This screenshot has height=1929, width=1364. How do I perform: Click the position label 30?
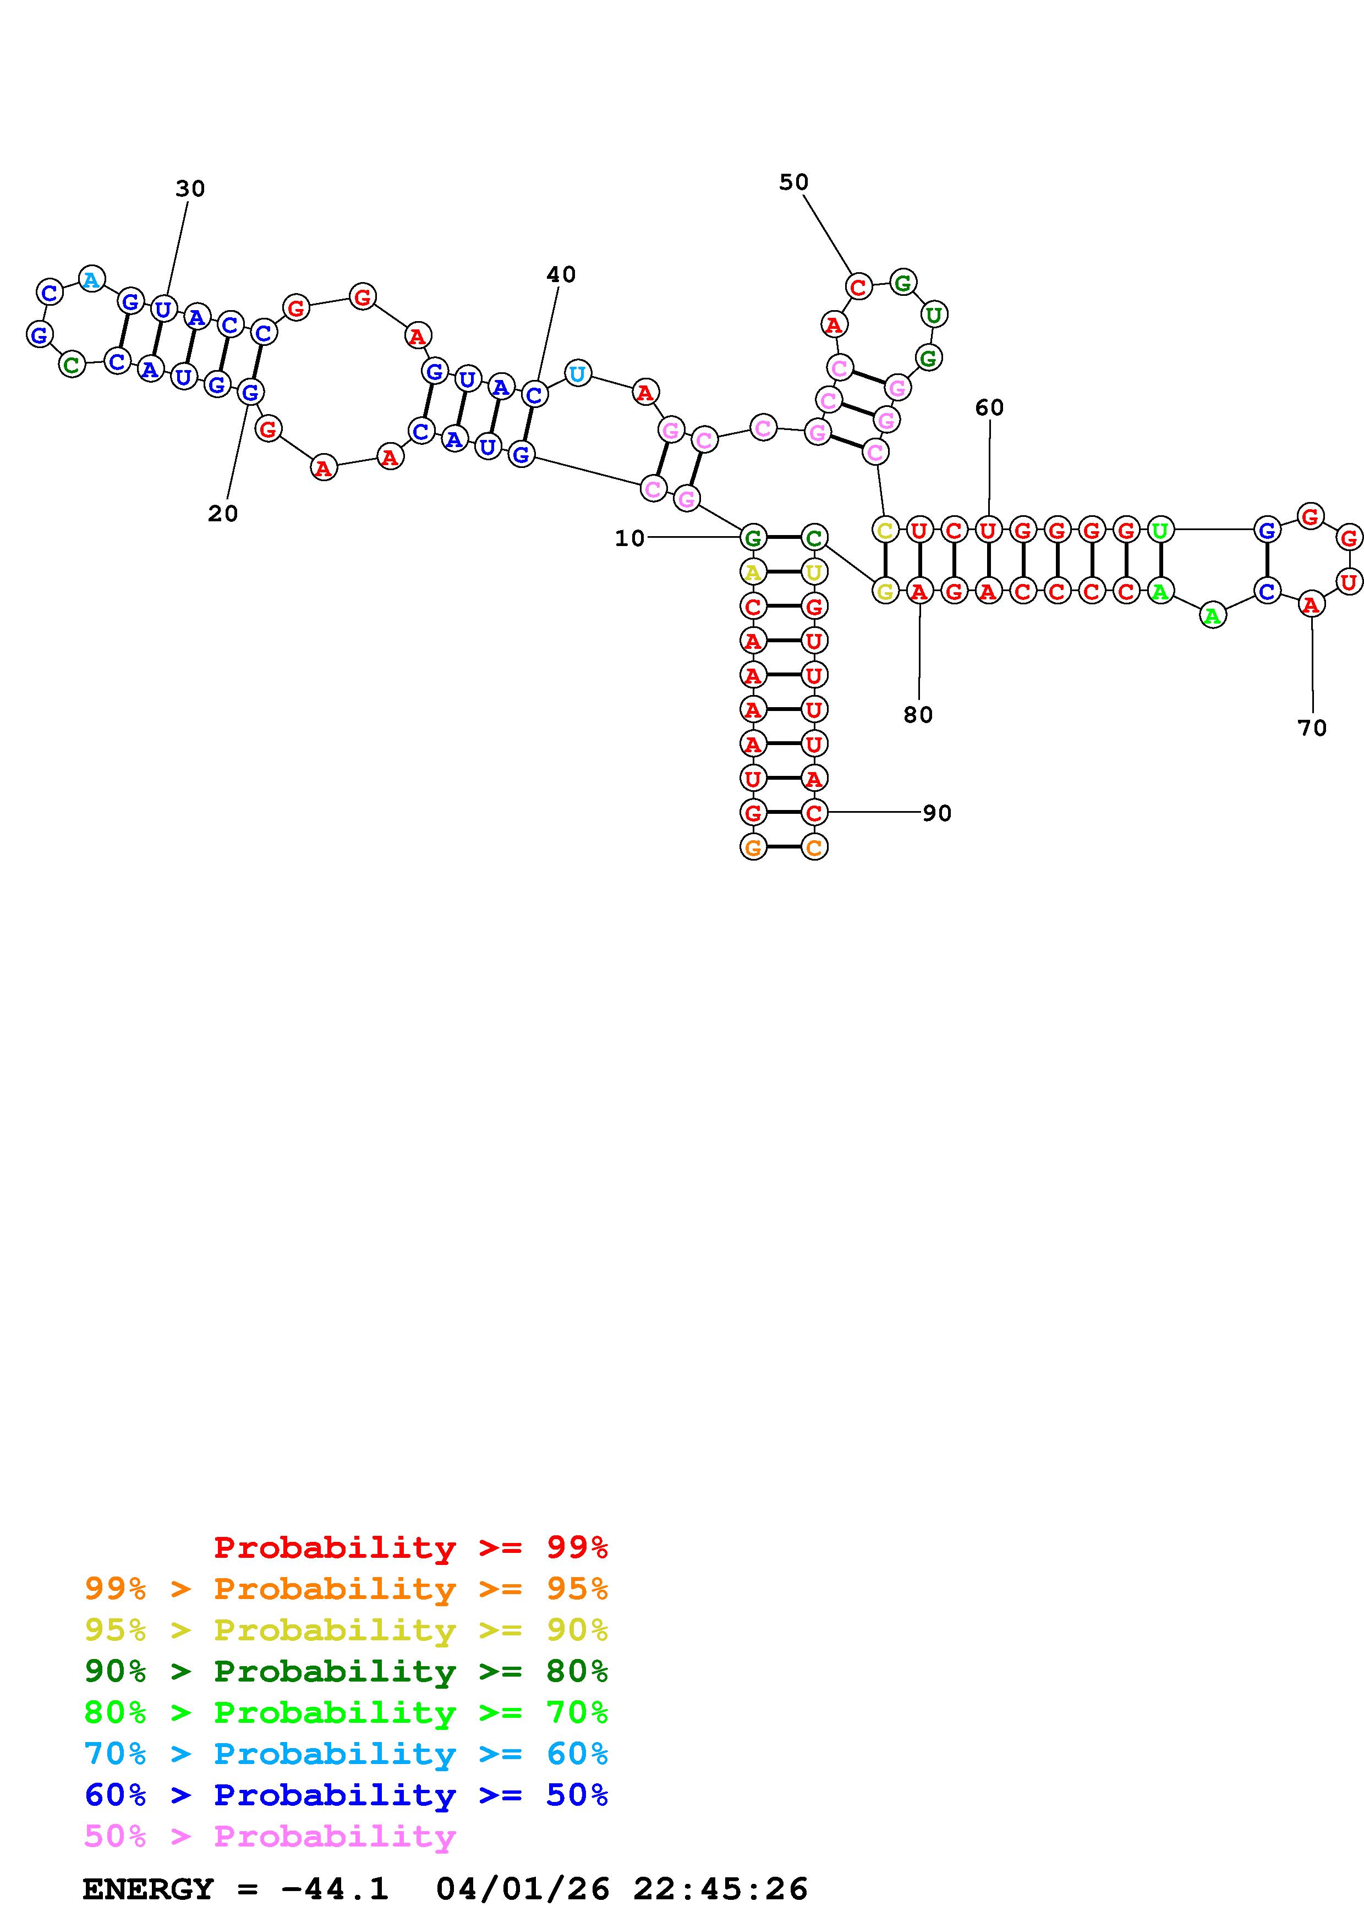point(190,189)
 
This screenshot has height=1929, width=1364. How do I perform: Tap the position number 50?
point(793,183)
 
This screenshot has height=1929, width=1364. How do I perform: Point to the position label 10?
point(629,538)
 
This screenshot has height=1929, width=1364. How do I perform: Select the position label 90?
point(937,813)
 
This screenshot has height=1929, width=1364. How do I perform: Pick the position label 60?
point(989,407)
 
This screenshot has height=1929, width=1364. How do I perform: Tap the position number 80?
point(918,715)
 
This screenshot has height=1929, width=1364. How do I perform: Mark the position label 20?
point(223,514)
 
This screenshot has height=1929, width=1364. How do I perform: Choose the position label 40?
point(561,275)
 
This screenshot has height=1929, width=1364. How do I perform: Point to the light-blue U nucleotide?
point(577,373)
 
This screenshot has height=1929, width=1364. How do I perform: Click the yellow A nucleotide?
point(753,572)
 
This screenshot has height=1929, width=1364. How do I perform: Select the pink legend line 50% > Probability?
point(270,1836)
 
